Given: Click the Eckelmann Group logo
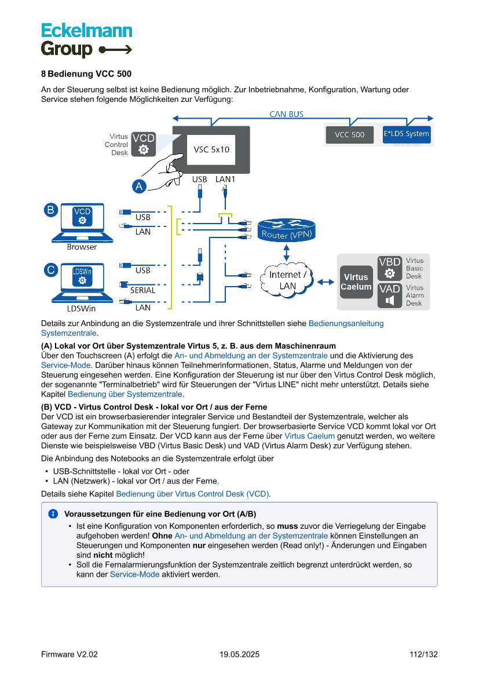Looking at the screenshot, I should point(86,40).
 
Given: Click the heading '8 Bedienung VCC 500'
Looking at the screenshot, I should point(86,74).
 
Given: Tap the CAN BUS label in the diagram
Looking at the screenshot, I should point(286,114).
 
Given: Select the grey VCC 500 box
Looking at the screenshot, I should point(350,134).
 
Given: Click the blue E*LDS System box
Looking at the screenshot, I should point(407,134).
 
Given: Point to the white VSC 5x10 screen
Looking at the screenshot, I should point(211,149).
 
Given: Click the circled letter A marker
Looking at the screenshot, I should point(139,186).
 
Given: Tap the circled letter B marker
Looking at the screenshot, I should point(51,210).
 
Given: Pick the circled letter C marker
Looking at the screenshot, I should point(51,270).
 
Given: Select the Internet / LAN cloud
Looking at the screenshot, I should point(287,280).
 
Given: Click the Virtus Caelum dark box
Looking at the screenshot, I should point(356,282).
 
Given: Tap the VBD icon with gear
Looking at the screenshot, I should point(390,268).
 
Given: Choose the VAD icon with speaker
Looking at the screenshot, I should point(390,295).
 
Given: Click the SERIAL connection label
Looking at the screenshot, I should point(142,290).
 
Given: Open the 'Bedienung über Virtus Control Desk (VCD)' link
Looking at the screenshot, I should point(192,494).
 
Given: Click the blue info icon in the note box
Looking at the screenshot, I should point(53,514).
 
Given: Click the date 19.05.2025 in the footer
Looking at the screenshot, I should point(239,654).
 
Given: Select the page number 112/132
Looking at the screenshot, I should point(423,654).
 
